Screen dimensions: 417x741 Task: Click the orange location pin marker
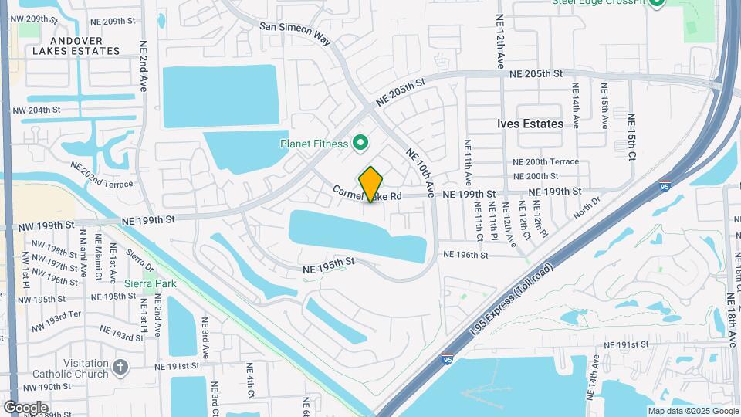coord(370,185)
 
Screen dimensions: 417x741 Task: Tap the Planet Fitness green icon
coord(359,143)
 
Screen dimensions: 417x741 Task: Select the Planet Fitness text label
coord(313,144)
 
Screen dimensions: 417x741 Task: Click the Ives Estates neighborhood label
coord(529,124)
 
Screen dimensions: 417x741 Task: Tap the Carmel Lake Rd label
coord(367,195)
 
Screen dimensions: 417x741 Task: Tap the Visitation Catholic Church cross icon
coord(120,368)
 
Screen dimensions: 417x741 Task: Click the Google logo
coord(26,407)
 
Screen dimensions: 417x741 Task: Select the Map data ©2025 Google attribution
coord(692,411)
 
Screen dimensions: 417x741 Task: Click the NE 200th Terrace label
coord(546,162)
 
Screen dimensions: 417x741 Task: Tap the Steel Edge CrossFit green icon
coord(657,2)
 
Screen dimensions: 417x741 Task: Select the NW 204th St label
coord(36,110)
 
